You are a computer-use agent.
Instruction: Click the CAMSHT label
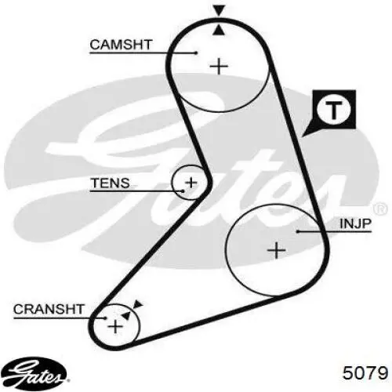(x=121, y=45)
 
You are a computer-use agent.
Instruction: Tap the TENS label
(x=110, y=183)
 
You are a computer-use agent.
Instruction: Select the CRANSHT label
(x=49, y=309)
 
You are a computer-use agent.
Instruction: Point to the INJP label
(x=355, y=223)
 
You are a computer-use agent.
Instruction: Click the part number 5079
(x=365, y=373)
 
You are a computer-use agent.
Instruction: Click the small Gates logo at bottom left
(x=34, y=372)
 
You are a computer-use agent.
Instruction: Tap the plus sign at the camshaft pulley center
(x=219, y=67)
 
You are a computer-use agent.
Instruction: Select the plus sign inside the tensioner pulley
(x=191, y=183)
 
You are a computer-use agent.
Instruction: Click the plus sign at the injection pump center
(x=276, y=250)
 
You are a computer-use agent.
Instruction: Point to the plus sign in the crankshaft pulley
(x=115, y=326)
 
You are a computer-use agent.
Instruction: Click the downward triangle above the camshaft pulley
(x=219, y=11)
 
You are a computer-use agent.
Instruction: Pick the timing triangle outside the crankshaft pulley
(x=138, y=304)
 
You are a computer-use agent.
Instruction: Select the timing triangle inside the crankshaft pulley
(x=126, y=315)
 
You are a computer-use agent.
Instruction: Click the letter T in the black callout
(x=333, y=110)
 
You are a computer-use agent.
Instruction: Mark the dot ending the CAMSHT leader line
(x=197, y=53)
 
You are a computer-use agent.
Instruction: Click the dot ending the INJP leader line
(x=298, y=231)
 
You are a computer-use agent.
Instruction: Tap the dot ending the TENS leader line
(x=183, y=191)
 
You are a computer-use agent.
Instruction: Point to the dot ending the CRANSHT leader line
(x=105, y=318)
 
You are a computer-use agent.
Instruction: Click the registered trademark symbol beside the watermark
(x=380, y=209)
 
